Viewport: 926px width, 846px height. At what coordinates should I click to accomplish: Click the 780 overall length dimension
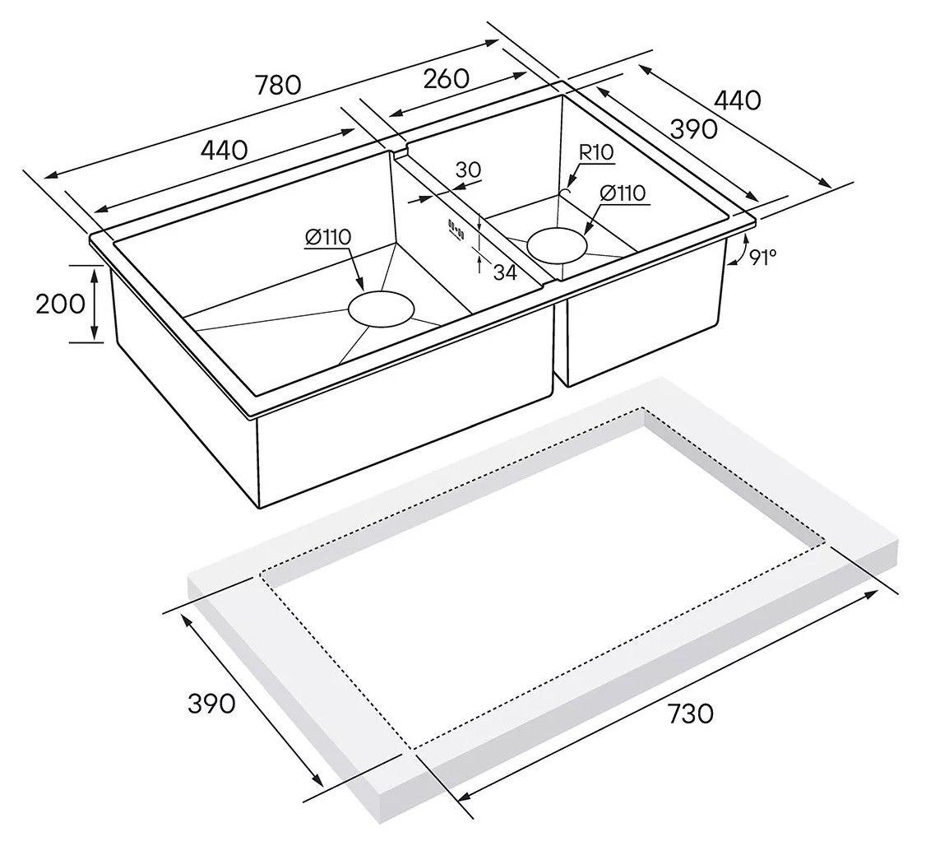[278, 85]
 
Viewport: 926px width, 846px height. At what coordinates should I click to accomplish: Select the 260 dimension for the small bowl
[447, 78]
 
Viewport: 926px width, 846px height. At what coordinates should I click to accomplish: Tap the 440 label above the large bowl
[224, 151]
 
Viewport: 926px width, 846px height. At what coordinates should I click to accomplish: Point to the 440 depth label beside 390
[737, 100]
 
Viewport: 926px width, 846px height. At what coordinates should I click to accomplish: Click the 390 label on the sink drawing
[694, 129]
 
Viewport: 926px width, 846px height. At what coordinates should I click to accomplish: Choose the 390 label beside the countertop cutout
[211, 703]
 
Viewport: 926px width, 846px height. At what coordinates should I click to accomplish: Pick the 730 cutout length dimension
[690, 714]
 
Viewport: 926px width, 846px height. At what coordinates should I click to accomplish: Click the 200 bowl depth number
[60, 304]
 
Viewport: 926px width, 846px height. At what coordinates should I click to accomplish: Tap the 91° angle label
[762, 257]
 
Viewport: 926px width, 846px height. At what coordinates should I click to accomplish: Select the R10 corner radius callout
[596, 152]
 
